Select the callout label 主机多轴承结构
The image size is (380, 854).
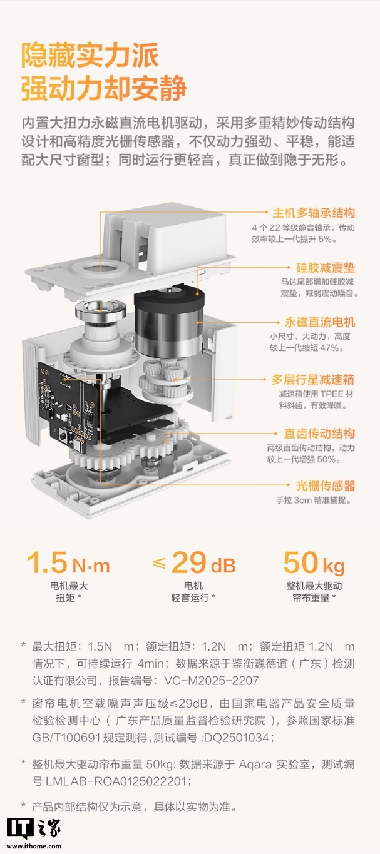pyautogui.click(x=313, y=213)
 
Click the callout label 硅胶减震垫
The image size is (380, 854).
pyautogui.click(x=325, y=268)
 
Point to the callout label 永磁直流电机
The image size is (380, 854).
pyautogui.click(x=319, y=322)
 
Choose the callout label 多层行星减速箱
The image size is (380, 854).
pyautogui.click(x=313, y=380)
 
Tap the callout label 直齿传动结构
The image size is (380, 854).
pyautogui.click(x=319, y=434)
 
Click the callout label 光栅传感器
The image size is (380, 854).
pyautogui.click(x=325, y=485)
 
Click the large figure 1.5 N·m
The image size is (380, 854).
pyautogui.click(x=68, y=563)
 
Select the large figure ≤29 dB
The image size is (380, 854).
pyautogui.click(x=194, y=563)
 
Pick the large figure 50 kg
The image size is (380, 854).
pyautogui.click(x=314, y=563)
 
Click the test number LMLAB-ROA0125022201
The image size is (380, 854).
pyautogui.click(x=118, y=781)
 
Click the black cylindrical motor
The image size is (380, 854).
pyautogui.click(x=168, y=325)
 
